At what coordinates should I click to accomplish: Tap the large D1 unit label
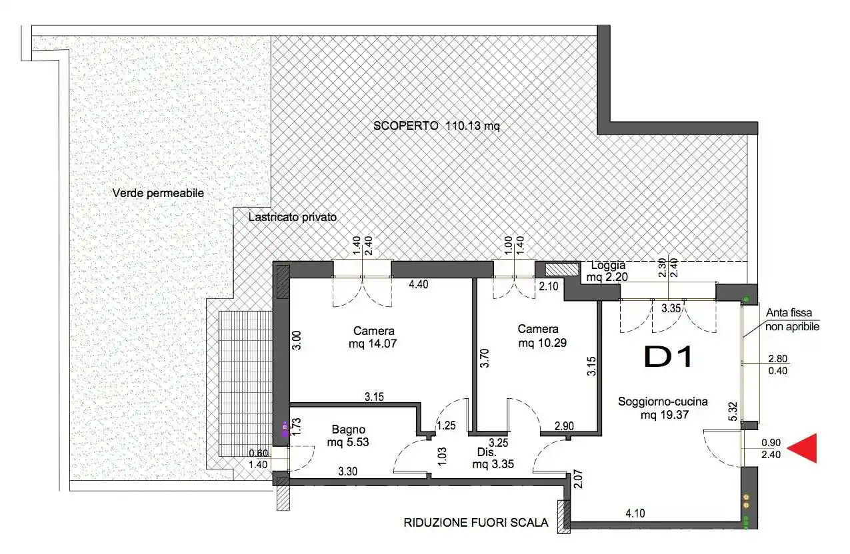coord(669,358)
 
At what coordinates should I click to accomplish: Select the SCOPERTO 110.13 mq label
coord(437,125)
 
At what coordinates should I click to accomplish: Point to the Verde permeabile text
coord(158,193)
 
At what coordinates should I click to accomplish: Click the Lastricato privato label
coord(293,217)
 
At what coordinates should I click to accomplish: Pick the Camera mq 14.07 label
coord(374,337)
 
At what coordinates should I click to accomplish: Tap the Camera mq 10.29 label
coord(538,336)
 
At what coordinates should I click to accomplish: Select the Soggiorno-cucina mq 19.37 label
coord(662,408)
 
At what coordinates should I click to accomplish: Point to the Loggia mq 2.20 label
coord(607,270)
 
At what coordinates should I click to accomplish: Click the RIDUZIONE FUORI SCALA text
coord(476,523)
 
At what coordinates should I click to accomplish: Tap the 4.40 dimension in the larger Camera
coord(419,285)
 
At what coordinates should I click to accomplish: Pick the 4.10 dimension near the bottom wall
coord(635,513)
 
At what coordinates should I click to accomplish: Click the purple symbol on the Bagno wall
coord(285,428)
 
